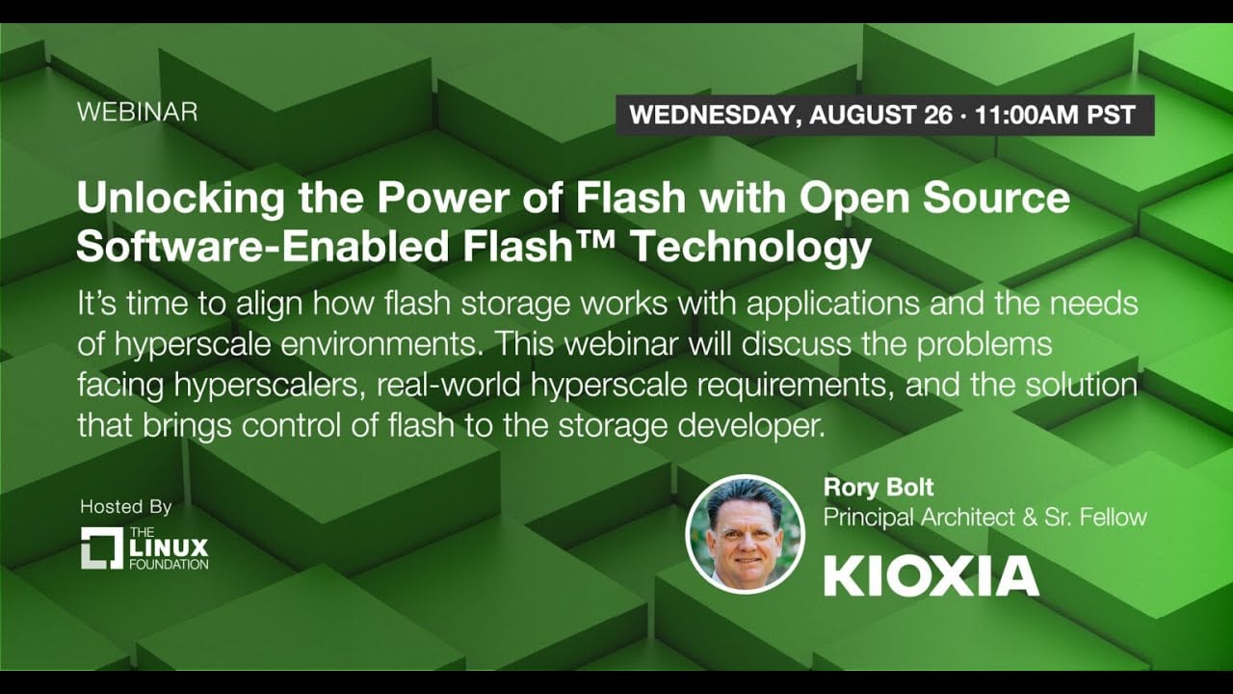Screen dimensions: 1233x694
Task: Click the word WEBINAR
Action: pos(137,113)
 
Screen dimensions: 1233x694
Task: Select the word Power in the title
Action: pos(443,198)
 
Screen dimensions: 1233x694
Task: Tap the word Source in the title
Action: pos(996,198)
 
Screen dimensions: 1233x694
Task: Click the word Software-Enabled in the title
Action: pos(263,246)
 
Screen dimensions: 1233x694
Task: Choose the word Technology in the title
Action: pos(750,249)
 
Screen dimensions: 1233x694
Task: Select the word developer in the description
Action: pos(752,427)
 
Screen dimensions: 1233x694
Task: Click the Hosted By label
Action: pos(126,507)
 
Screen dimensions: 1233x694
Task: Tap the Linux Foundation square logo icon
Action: pos(102,548)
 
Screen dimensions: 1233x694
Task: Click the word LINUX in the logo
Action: pos(169,547)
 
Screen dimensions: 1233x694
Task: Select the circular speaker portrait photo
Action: pos(746,534)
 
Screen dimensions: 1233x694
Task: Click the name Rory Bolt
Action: pos(879,488)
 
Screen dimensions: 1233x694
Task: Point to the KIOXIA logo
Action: pos(931,575)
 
